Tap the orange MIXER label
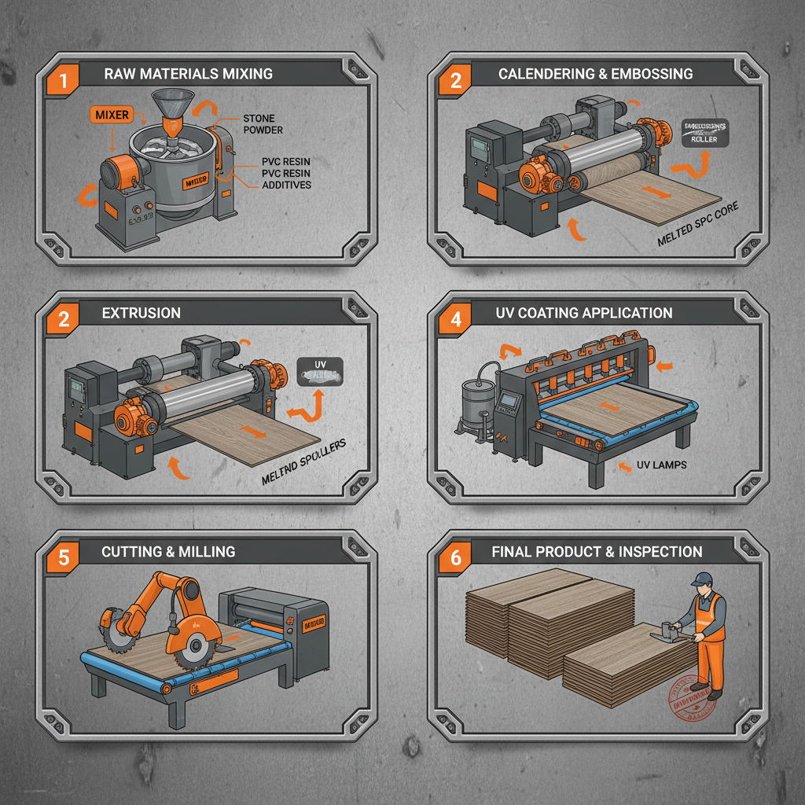pos(111,115)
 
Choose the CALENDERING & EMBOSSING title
pos(595,74)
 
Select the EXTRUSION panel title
pos(141,313)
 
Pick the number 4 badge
pos(456,319)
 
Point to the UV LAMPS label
pos(661,465)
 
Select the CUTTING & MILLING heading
pos(167,552)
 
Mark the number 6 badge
pos(456,557)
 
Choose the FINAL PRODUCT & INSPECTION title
pos(597,552)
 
